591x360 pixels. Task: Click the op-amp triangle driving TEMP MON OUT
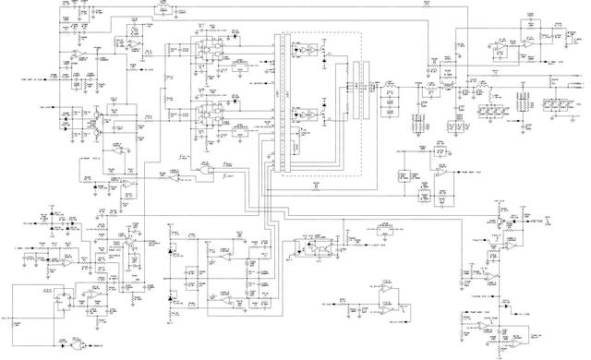coord(444,173)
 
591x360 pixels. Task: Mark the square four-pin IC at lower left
coord(63,298)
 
